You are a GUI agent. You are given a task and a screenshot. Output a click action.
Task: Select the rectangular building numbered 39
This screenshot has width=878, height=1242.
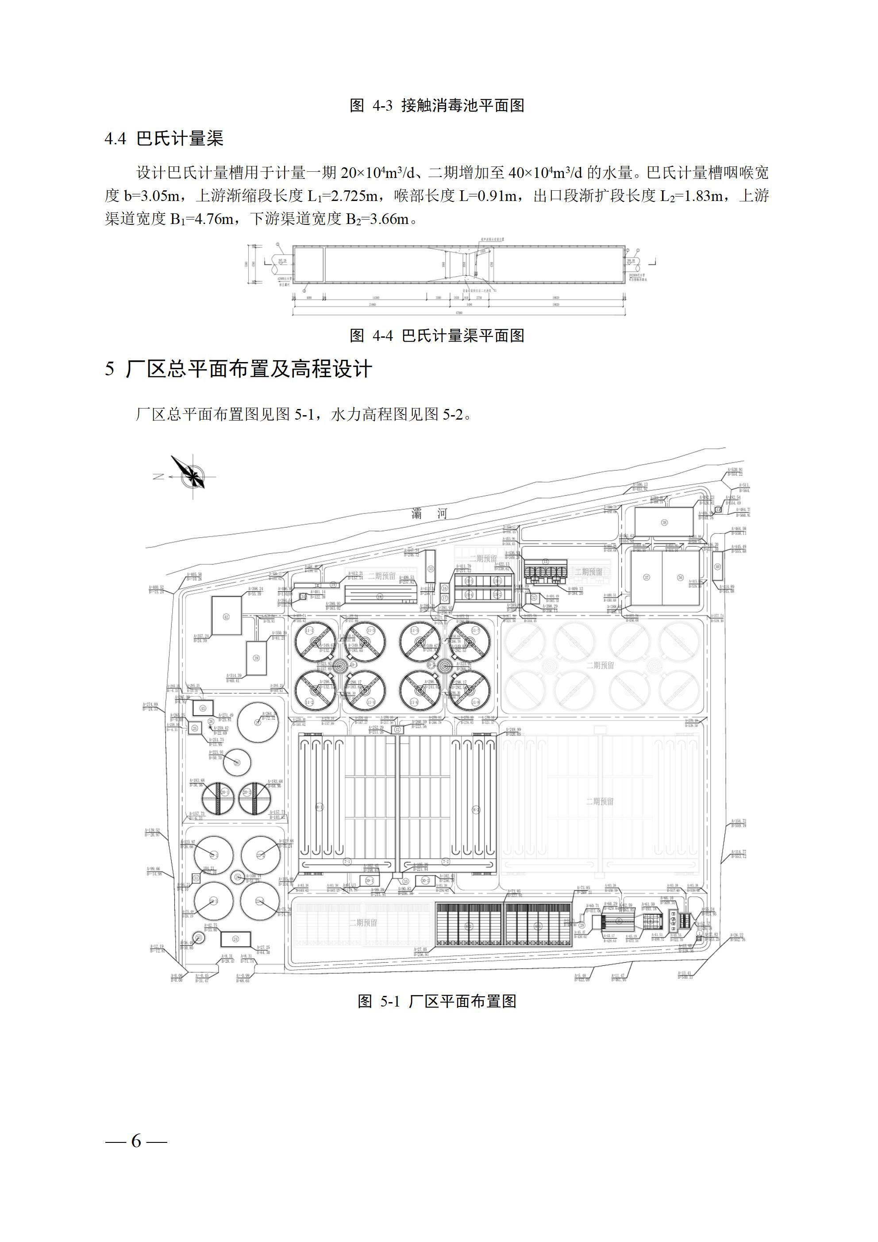[256, 658]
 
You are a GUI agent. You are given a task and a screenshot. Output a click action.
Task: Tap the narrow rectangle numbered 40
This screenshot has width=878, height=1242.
[717, 567]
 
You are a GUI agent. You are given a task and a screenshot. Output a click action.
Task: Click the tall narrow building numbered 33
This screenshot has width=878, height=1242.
[431, 569]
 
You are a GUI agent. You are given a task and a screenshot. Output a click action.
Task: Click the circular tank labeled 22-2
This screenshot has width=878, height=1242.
[260, 855]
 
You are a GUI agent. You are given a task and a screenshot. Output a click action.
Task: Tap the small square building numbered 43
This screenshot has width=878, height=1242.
[203, 708]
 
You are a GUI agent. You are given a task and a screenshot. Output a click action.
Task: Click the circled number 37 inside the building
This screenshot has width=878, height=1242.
[646, 578]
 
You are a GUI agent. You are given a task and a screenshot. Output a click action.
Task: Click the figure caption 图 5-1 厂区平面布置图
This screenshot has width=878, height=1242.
[437, 1001]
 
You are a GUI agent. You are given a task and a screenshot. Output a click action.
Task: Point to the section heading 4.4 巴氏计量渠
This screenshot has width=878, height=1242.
[164, 139]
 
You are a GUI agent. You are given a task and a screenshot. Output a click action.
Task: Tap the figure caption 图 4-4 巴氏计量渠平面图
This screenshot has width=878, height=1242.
[437, 336]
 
